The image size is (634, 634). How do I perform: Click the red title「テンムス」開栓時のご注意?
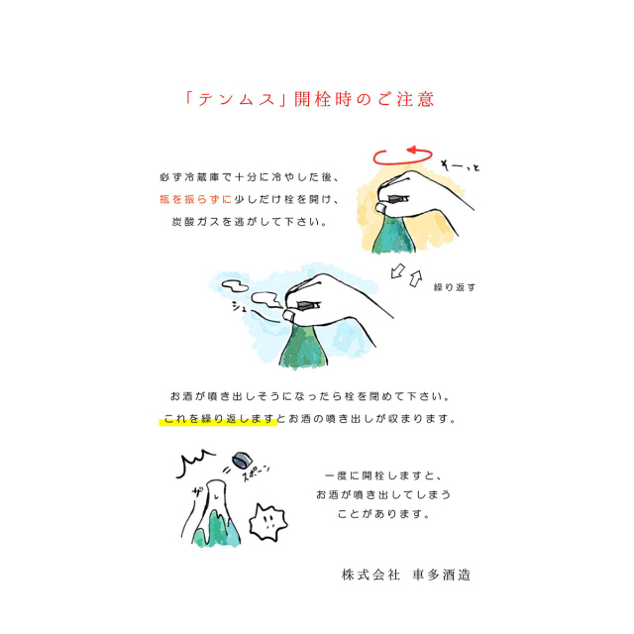tap(309, 99)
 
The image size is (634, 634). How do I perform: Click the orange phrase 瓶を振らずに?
tap(196, 199)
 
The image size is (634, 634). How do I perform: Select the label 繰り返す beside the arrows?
tap(455, 287)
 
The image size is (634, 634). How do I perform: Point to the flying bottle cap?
tap(242, 460)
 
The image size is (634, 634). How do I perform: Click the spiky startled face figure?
tap(267, 522)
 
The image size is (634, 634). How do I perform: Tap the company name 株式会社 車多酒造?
tap(406, 575)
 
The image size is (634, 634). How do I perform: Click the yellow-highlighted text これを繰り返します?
tap(219, 419)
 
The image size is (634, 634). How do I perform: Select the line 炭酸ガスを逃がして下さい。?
tap(250, 222)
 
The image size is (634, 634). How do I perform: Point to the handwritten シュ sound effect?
tap(239, 307)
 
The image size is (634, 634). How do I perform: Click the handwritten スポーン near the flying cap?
tap(255, 474)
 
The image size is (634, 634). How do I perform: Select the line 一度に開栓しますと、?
tap(383, 475)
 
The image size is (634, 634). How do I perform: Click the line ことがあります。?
tap(383, 514)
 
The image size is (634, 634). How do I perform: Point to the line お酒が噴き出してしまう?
tap(383, 495)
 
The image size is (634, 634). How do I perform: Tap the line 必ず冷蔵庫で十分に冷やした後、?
tap(250, 177)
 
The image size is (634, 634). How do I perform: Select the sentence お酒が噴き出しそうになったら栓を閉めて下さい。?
tap(310, 396)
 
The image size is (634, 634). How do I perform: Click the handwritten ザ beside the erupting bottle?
tap(198, 491)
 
